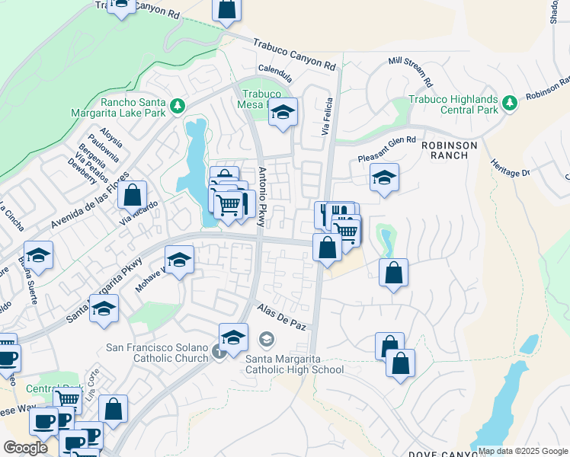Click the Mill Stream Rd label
(410, 70)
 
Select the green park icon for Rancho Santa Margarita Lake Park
(178, 104)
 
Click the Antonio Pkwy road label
(261, 197)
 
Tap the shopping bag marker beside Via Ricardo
(133, 194)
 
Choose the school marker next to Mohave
(180, 260)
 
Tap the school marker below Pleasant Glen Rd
(384, 179)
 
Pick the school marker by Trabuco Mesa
(283, 113)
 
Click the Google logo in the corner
(25, 448)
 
